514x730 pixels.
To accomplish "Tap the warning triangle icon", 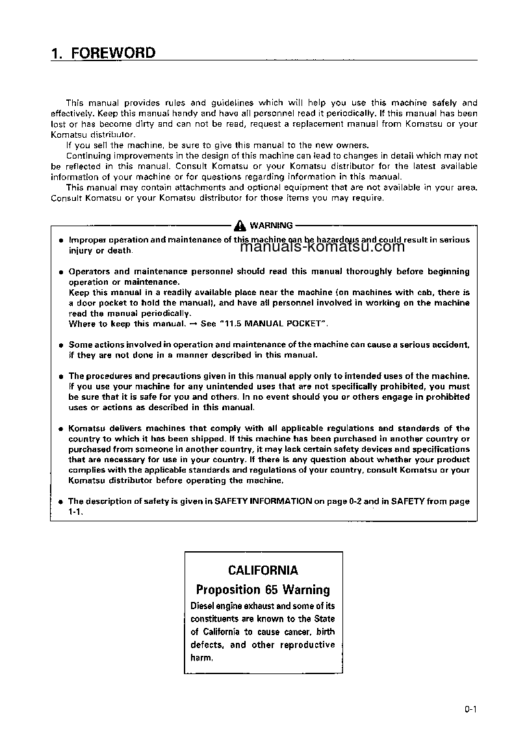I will coord(240,226).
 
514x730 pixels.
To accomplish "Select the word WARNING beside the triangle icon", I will coord(271,226).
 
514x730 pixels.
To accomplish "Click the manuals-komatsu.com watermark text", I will coord(322,246).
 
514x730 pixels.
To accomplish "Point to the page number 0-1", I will coord(470,710).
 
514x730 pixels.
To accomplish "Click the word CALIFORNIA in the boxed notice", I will coord(263,570).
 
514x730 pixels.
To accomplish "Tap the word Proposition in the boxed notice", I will coord(228,590).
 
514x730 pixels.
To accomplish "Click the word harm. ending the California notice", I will coord(201,657).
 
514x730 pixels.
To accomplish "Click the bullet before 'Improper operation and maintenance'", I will coord(60,241).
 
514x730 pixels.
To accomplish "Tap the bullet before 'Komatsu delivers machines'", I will coord(60,429).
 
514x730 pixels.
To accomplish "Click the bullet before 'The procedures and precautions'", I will coord(60,376).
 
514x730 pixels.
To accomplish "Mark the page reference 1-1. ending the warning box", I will coord(75,512).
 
